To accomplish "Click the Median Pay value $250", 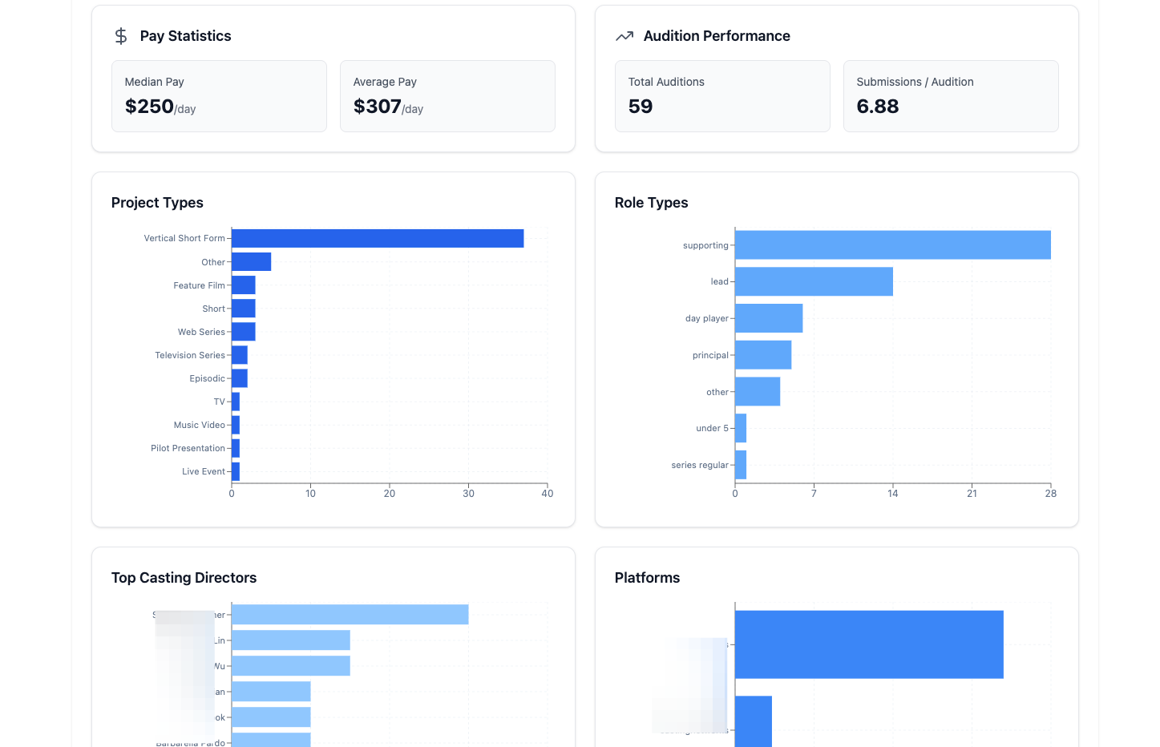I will click(150, 107).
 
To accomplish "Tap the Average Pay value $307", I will click(378, 107).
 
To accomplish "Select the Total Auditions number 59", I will click(641, 107).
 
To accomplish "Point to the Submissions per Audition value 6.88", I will click(878, 107).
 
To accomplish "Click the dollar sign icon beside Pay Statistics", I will click(121, 36).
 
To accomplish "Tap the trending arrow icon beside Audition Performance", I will click(624, 36).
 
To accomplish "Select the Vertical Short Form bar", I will click(378, 238).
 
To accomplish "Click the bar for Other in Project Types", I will click(252, 262).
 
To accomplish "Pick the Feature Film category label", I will click(199, 285).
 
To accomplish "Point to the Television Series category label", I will click(190, 355).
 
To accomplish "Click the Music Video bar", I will click(236, 425).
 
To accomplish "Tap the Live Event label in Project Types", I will click(204, 471).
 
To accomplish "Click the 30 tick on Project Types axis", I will click(468, 494).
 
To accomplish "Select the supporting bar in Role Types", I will click(892, 245).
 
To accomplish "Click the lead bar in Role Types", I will click(814, 281).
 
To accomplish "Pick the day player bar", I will click(769, 318).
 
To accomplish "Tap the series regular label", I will click(700, 465).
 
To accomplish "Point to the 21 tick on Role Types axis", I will click(972, 494).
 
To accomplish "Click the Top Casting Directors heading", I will click(184, 578).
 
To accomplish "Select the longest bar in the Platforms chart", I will click(869, 644).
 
